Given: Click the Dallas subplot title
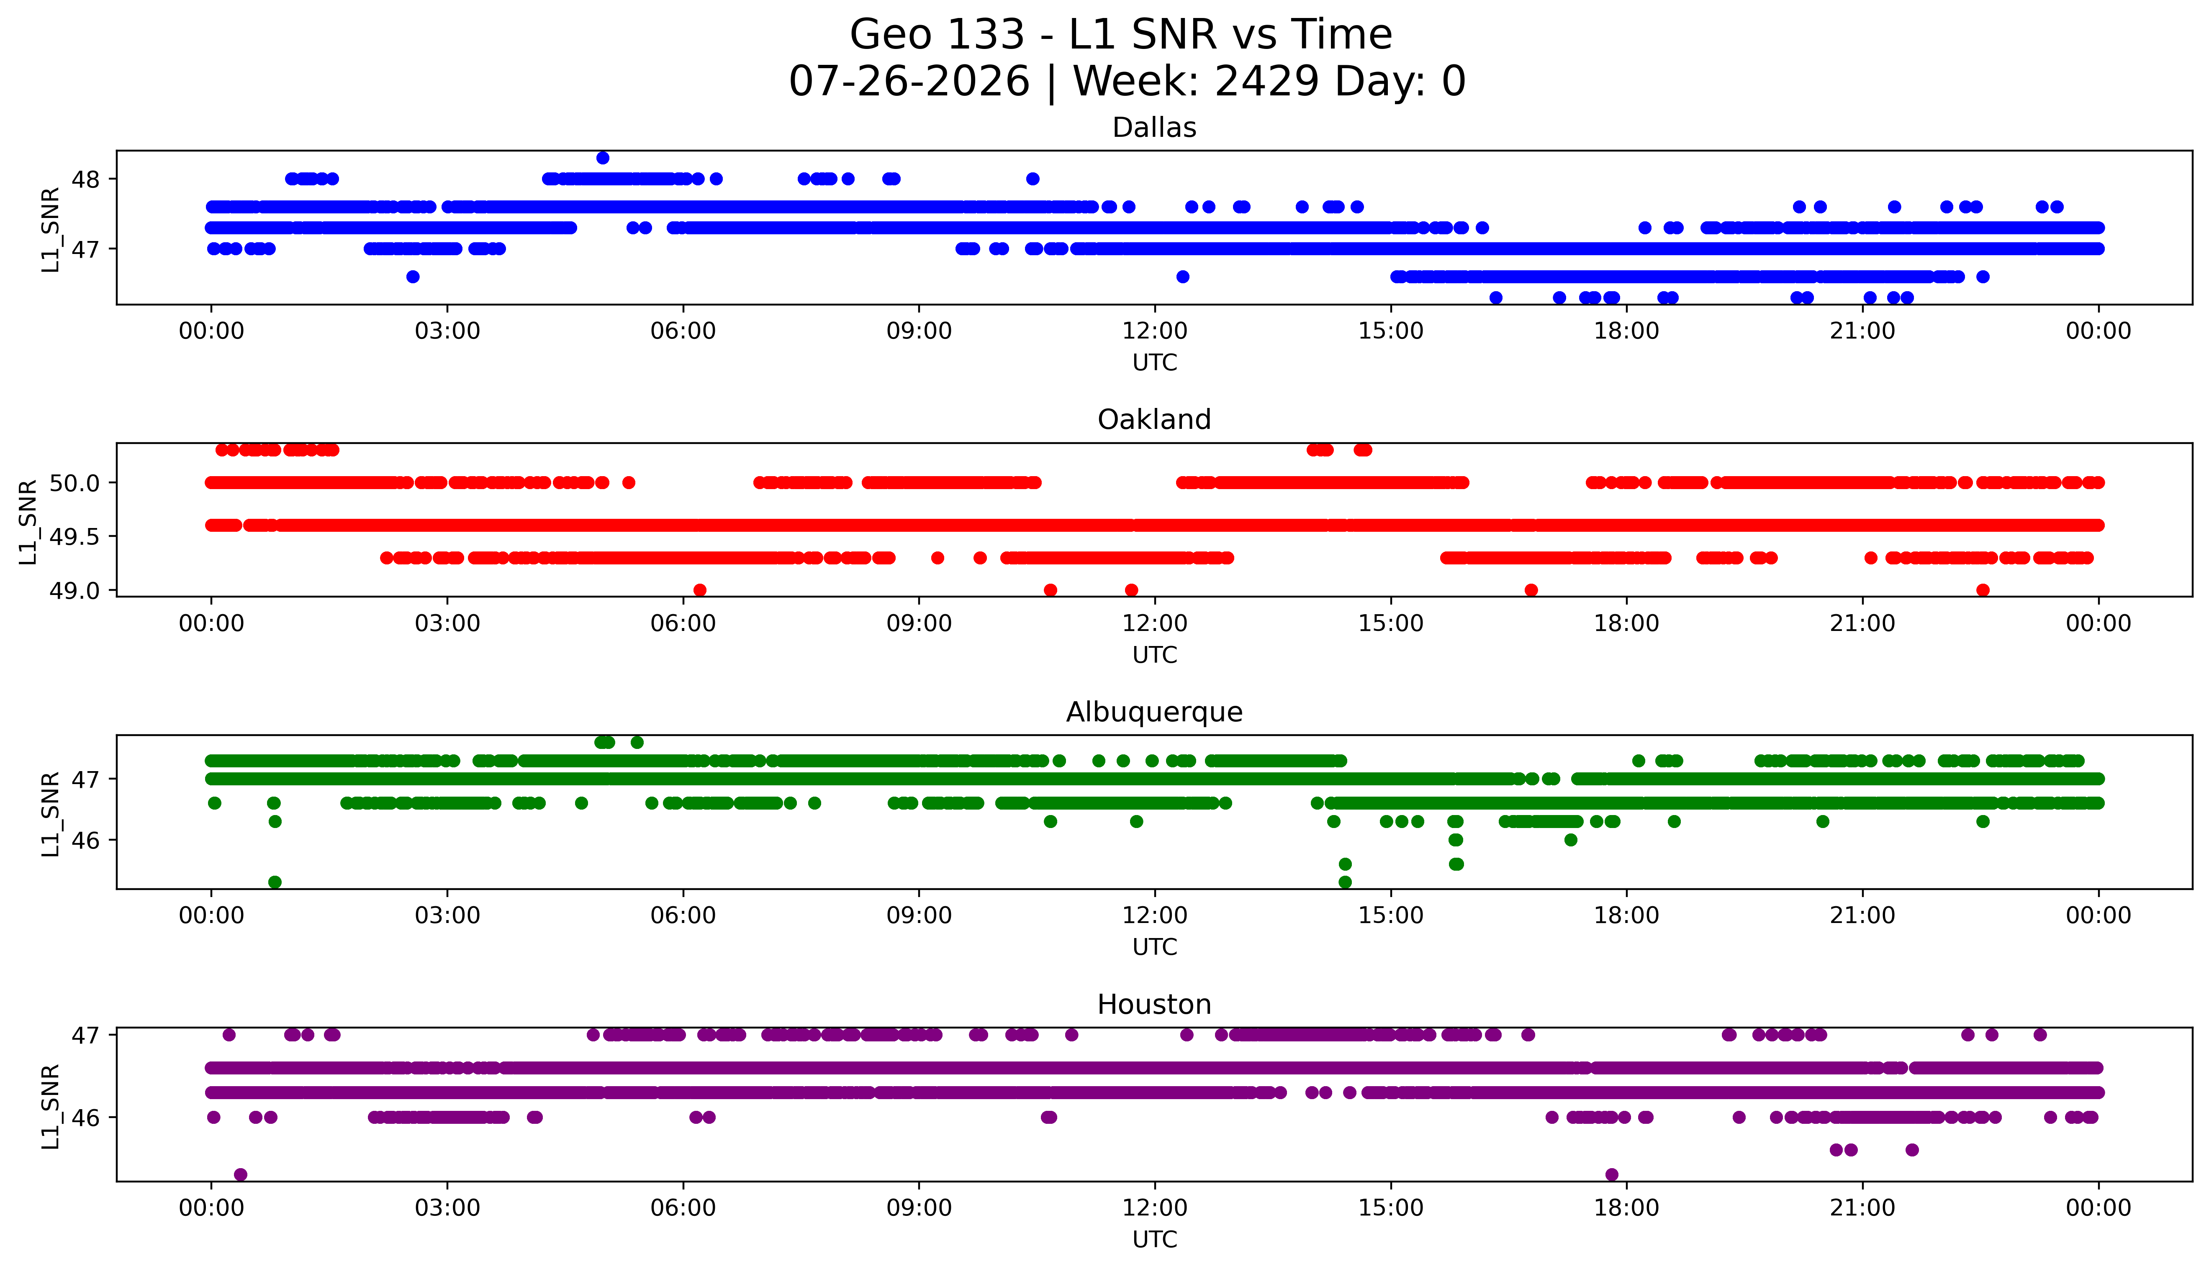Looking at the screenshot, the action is [1154, 128].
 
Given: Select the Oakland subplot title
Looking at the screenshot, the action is [1154, 420].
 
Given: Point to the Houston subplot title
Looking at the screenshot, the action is [1154, 1005].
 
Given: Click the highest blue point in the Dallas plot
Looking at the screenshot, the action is [602, 158].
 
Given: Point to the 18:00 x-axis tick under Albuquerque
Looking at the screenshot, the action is [1627, 916].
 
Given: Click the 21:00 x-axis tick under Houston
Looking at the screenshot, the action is [1863, 1208].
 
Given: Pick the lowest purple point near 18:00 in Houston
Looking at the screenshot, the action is [1612, 1175].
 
